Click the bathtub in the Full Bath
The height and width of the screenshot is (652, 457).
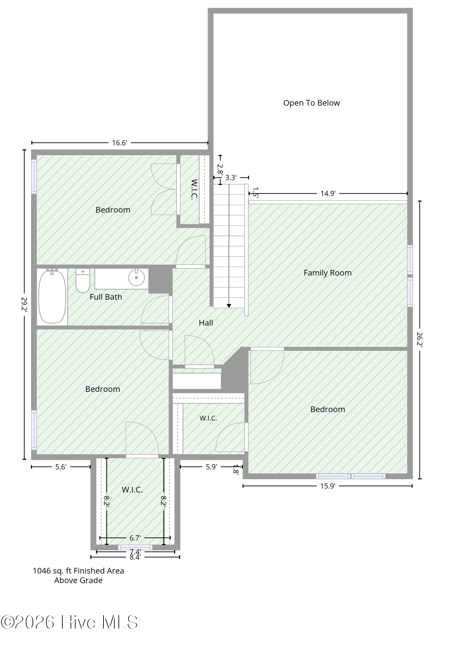coord(52,296)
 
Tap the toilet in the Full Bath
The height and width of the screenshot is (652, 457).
coord(83,281)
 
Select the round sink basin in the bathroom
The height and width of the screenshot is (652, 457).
coord(136,278)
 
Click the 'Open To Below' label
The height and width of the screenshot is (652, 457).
coord(311,103)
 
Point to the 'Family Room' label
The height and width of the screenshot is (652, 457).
coord(327,273)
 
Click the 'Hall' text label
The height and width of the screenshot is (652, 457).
coord(206,323)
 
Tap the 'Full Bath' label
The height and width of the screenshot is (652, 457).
coord(106,297)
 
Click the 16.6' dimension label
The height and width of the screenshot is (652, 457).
coord(119,143)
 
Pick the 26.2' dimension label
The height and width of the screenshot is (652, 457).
coord(420,340)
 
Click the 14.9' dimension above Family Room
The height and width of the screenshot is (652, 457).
coord(328,194)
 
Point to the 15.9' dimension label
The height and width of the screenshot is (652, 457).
coord(328,486)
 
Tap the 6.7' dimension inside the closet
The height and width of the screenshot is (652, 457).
coord(135,538)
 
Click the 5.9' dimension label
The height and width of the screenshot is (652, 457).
coord(212,467)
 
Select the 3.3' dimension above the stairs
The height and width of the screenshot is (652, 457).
coord(231,178)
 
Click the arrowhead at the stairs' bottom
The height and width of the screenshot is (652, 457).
coord(229,306)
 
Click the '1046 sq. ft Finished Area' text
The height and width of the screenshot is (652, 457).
coord(78,571)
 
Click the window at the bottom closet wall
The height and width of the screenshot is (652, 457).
coord(135,547)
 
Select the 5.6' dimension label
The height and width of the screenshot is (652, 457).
coord(61,467)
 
